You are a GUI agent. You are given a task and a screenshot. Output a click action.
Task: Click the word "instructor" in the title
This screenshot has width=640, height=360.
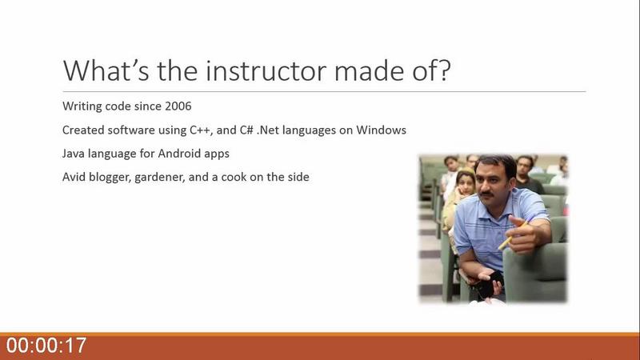267,70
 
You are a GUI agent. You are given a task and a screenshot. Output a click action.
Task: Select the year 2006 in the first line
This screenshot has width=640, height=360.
178,106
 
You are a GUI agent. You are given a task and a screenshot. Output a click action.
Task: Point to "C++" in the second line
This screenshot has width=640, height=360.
200,130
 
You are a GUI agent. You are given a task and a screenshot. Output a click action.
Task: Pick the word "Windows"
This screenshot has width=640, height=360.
382,130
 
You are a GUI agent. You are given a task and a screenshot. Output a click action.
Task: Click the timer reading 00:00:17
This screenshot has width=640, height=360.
46,346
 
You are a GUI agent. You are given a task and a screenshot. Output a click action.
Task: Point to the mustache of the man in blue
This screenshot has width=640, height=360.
487,194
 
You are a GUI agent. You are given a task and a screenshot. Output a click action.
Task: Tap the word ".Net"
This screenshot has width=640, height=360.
268,130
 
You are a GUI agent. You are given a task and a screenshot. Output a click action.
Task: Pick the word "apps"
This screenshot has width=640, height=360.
218,154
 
